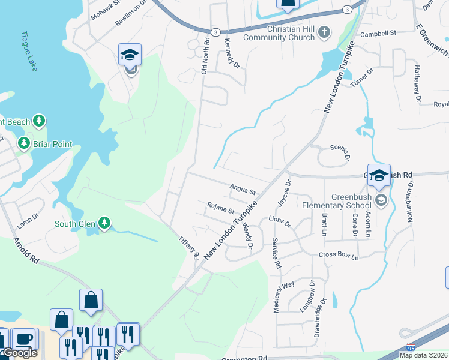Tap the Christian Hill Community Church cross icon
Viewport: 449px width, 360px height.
pyautogui.click(x=324, y=32)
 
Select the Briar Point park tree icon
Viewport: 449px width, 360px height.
pyautogui.click(x=24, y=144)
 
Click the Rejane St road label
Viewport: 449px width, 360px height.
pyautogui.click(x=220, y=211)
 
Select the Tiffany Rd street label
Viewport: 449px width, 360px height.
pyautogui.click(x=188, y=247)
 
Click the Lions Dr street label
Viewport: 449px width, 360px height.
pyautogui.click(x=279, y=222)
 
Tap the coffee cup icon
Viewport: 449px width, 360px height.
pyautogui.click(x=24, y=339)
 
